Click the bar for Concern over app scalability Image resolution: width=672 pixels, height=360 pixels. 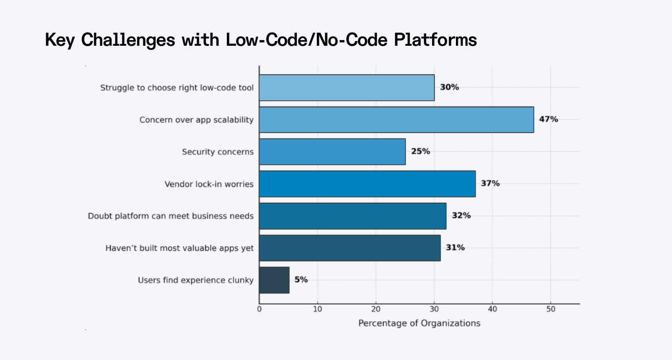(x=396, y=120)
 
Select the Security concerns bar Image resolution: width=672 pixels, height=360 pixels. (x=332, y=152)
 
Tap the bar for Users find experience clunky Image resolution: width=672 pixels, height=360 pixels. (x=274, y=280)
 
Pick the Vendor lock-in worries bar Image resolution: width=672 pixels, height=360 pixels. (x=367, y=184)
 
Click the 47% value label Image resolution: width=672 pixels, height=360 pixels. (x=548, y=119)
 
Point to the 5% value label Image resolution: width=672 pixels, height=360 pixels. (x=301, y=280)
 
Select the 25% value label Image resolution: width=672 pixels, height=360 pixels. (x=420, y=151)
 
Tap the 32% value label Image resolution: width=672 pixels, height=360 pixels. (x=461, y=216)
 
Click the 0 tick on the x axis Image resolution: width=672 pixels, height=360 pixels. (x=259, y=309)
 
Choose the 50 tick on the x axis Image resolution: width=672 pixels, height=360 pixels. (x=551, y=309)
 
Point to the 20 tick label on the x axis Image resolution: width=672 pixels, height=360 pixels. (x=376, y=309)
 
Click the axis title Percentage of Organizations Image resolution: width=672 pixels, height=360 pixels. (x=419, y=323)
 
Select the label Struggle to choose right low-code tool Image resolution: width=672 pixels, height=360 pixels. (x=177, y=88)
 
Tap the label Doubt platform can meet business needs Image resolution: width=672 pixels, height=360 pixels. (x=171, y=216)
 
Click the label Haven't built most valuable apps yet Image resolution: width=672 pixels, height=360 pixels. (x=180, y=248)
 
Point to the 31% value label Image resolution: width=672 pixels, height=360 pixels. (x=455, y=247)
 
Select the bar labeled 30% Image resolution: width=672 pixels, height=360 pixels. (x=347, y=88)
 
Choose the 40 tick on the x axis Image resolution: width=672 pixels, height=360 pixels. (x=492, y=309)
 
